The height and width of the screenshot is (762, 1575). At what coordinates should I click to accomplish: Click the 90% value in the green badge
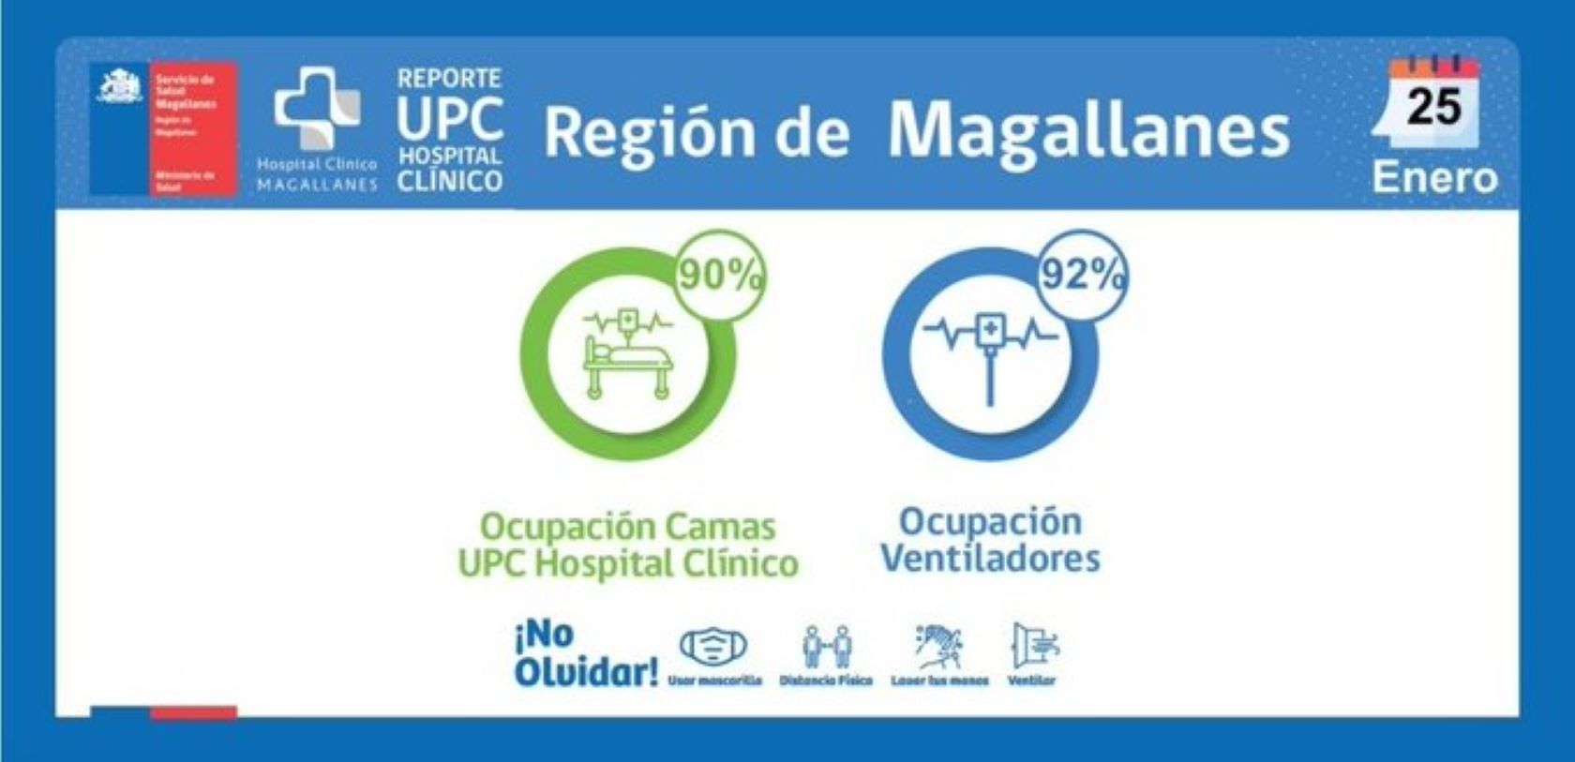(719, 276)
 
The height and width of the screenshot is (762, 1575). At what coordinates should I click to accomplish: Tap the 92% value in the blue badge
(1083, 275)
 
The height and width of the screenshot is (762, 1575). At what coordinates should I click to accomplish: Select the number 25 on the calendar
(1433, 107)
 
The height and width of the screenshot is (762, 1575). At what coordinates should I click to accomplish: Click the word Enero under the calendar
(1434, 177)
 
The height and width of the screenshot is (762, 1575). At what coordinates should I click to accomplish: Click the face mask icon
(713, 646)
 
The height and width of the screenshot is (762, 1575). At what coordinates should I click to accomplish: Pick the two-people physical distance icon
(827, 646)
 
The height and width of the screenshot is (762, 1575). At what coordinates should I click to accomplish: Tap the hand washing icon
(939, 646)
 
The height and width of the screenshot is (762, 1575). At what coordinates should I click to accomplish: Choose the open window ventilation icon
(1033, 646)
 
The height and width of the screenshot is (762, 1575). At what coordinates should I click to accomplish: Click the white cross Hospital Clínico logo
(317, 108)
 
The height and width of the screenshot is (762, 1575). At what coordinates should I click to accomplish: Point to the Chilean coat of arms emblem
(121, 86)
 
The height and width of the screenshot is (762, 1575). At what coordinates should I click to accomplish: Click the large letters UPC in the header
(449, 120)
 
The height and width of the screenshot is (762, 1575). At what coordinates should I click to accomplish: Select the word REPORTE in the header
(449, 78)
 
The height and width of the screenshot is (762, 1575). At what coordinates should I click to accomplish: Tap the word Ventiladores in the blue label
(990, 559)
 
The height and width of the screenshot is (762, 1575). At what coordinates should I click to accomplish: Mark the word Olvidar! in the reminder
(586, 672)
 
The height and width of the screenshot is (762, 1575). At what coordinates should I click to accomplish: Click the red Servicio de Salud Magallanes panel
(193, 128)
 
